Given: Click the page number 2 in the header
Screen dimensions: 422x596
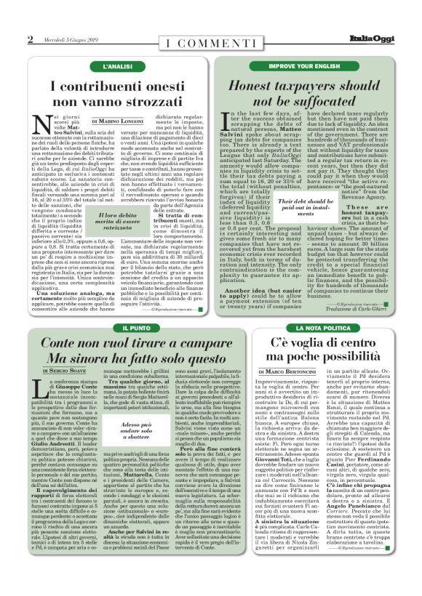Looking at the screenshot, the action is click(31, 39).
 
